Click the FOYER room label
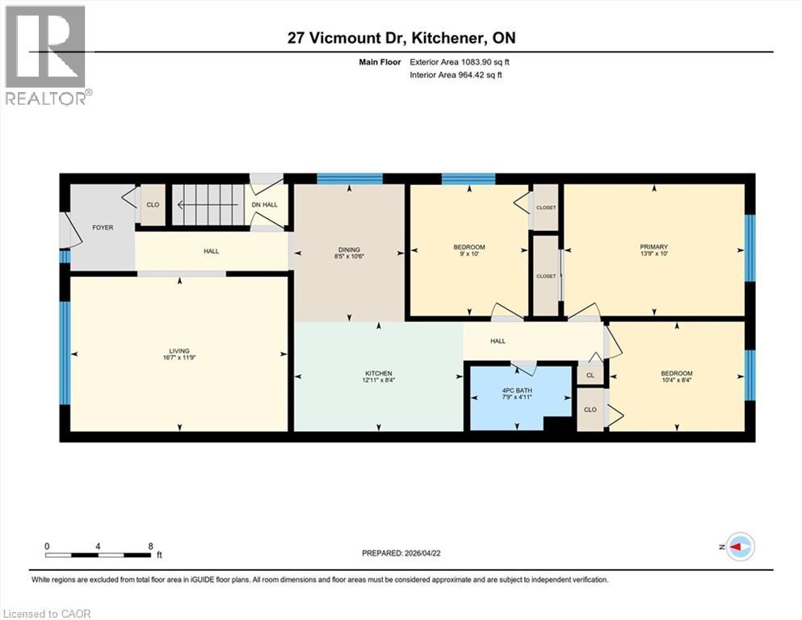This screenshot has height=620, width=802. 103,228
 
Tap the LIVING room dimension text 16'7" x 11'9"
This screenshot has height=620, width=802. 179,359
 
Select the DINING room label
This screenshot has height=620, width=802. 349,249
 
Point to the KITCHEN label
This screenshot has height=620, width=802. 377,373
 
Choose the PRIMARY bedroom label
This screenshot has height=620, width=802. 654,247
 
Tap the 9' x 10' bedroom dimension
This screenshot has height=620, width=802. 469,255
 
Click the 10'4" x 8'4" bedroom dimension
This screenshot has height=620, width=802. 676,379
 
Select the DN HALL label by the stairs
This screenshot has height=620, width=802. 266,205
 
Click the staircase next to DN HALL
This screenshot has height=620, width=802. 209,205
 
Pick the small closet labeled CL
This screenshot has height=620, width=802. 590,375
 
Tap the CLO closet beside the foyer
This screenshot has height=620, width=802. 153,205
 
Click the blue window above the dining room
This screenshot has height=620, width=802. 349,178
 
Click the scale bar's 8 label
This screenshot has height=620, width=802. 151,546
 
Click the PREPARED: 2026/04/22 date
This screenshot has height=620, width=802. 401,553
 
